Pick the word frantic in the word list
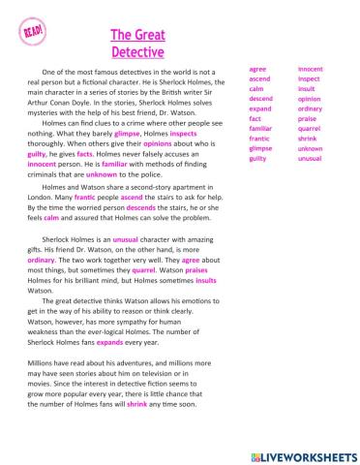pos(259,139)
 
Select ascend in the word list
pos(259,79)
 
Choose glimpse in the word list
pos(260,149)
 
